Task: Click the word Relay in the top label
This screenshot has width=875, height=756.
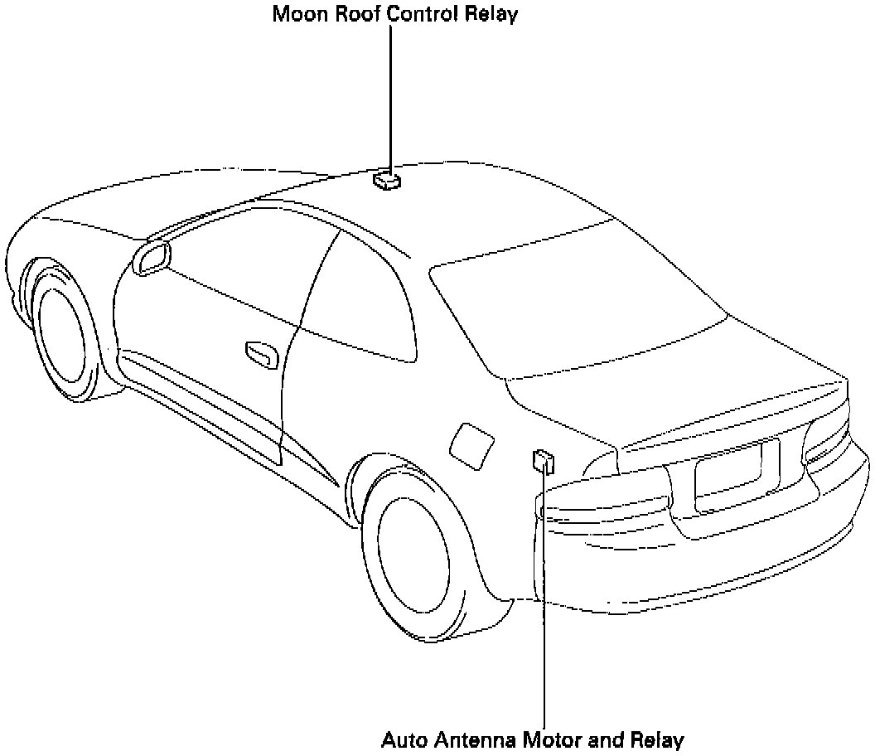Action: (x=490, y=16)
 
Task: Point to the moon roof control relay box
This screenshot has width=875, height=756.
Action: (x=386, y=179)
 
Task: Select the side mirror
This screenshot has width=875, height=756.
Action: (x=151, y=259)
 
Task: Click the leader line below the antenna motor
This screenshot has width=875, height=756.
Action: (x=544, y=630)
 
